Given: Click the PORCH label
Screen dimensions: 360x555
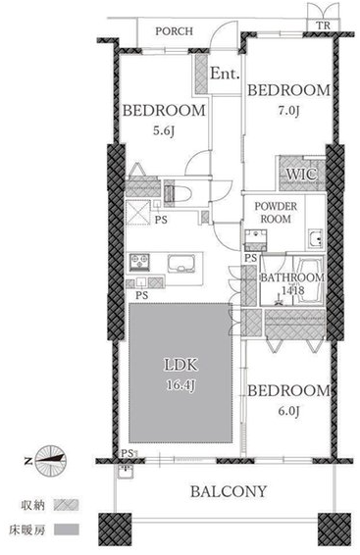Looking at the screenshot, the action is pos(175,31).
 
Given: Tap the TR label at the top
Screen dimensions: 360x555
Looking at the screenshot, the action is pos(323,25).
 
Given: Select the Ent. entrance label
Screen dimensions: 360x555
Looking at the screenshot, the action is pos(225,74).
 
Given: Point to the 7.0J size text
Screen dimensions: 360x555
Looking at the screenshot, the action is pos(288,111).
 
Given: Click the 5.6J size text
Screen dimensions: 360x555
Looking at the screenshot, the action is pos(164,131).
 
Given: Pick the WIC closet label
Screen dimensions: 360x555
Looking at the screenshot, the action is pos(301,175).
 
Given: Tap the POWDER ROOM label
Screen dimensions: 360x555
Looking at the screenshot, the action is pos(276,213).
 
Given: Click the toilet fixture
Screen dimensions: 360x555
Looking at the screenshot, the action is pos(180,193).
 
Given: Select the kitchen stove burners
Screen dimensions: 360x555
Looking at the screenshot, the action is pos(139,262).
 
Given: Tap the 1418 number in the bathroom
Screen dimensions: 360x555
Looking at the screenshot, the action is pos(292,290).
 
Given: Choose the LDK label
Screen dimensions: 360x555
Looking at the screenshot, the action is pos(180,365).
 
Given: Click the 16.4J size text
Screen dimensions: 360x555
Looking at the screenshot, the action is pos(180,384).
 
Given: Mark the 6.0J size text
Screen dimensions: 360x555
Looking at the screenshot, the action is pos(288,411).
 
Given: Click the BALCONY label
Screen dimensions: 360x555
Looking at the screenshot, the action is pos(229,491).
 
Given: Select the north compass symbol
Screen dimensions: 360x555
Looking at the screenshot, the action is pos(51,460).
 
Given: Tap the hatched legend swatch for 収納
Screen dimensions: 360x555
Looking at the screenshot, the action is pos(66,505).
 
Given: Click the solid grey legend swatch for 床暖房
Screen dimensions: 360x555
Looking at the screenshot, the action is pos(66,530).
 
